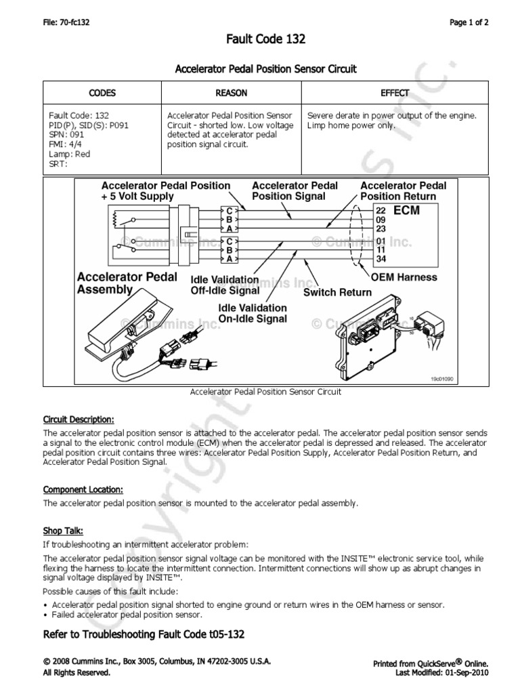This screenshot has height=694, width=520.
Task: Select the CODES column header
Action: [102, 93]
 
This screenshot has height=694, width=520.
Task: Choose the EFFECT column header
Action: [395, 93]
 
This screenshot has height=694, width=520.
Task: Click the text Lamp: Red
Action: [68, 154]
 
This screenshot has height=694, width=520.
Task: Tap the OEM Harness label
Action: [404, 277]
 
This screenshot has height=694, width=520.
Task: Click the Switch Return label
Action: [337, 292]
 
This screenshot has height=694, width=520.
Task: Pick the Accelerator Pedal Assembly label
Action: [127, 283]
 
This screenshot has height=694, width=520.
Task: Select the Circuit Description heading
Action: [79, 419]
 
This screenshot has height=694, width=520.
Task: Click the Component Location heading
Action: [83, 489]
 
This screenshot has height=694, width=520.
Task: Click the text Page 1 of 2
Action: [469, 22]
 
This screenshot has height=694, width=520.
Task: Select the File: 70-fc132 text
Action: [66, 22]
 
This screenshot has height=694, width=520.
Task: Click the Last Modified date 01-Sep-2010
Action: [470, 672]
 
